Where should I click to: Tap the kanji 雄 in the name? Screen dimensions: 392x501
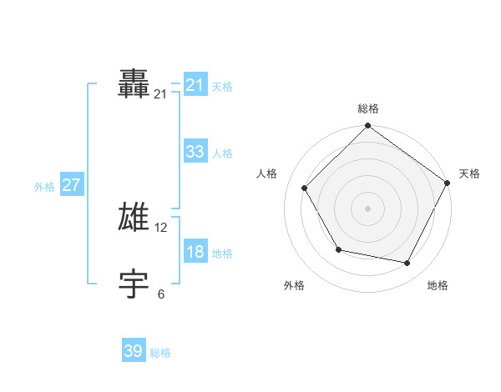pos(134,217)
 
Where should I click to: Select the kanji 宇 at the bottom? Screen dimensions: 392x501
pos(134,284)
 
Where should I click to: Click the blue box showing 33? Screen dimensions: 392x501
pos(195,152)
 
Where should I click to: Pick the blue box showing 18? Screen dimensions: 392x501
pos(195,252)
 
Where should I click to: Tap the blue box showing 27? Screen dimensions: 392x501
pos(71,185)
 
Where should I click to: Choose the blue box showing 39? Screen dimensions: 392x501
pos(134,351)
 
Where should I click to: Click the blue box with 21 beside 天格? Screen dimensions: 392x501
pos(195,85)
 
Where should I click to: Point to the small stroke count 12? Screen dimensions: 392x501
pos(161,228)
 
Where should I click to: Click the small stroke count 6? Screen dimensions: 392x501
pos(161,294)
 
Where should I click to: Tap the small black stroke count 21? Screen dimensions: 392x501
pos(160,95)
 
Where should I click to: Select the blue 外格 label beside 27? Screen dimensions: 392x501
pos(44,187)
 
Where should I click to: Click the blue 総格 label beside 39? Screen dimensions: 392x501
pos(160,353)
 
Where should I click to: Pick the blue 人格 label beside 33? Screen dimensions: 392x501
pos(222,153)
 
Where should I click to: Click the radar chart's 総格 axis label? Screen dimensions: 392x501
pos(368,108)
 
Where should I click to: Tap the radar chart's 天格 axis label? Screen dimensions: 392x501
pos(469,173)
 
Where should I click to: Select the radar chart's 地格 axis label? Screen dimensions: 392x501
pos(438,285)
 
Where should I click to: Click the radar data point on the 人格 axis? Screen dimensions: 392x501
pos(305,188)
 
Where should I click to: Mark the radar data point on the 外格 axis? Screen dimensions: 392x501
pos(338,249)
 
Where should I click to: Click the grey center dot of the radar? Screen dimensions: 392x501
pos(368,208)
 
